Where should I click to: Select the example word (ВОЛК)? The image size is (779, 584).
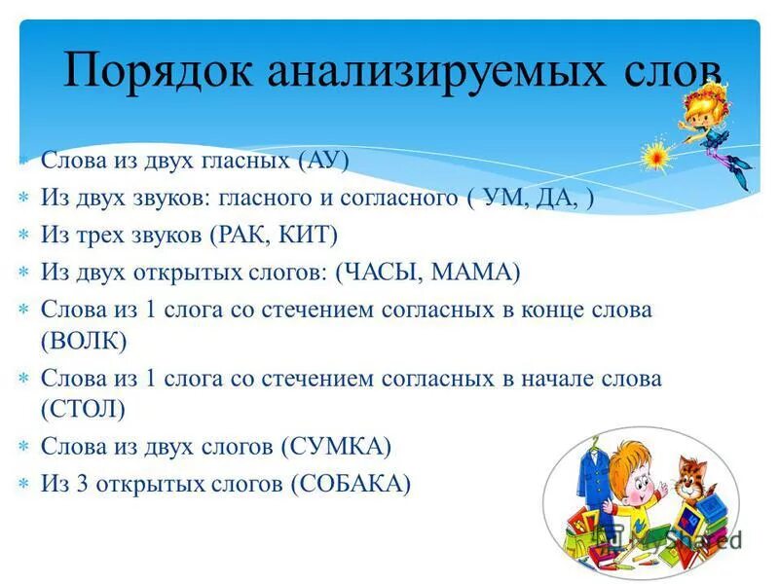point(84,342)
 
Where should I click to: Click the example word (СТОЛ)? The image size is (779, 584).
point(84,410)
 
